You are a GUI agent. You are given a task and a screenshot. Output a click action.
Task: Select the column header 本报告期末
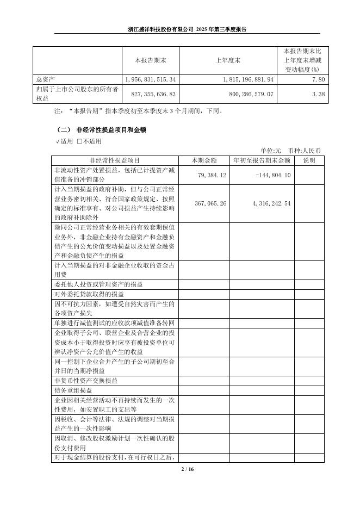pyautogui.click(x=150, y=60)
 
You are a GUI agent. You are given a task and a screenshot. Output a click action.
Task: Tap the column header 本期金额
pyautogui.click(x=204, y=160)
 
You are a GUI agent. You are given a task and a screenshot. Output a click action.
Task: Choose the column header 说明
pyautogui.click(x=309, y=160)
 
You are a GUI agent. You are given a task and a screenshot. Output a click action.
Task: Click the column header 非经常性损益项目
pyautogui.click(x=115, y=160)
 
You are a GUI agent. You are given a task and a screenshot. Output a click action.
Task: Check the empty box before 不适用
pyautogui.click(x=79, y=141)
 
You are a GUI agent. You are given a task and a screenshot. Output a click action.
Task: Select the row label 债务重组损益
pyautogui.click(x=73, y=390)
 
